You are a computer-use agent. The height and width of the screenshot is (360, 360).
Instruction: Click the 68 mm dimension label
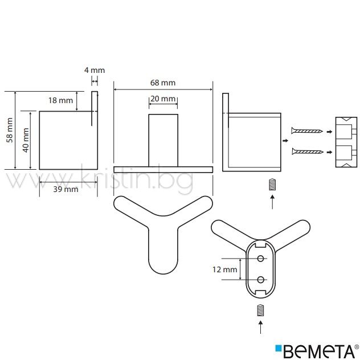(x=163, y=83)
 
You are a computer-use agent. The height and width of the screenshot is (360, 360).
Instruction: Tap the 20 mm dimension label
(x=163, y=99)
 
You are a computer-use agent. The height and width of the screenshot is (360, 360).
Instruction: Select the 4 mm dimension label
(x=95, y=70)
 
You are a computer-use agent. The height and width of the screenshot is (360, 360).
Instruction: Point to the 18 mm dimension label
(x=60, y=100)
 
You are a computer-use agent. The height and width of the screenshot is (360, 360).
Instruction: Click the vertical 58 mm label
(x=10, y=130)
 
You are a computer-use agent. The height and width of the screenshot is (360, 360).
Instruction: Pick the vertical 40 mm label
(x=26, y=140)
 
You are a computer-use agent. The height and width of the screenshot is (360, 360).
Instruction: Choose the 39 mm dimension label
(x=66, y=189)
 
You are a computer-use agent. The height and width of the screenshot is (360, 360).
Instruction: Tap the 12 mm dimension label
(x=224, y=269)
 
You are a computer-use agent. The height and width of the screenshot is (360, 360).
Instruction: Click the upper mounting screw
(x=307, y=131)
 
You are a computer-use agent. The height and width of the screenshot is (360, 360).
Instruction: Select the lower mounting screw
(x=308, y=152)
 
